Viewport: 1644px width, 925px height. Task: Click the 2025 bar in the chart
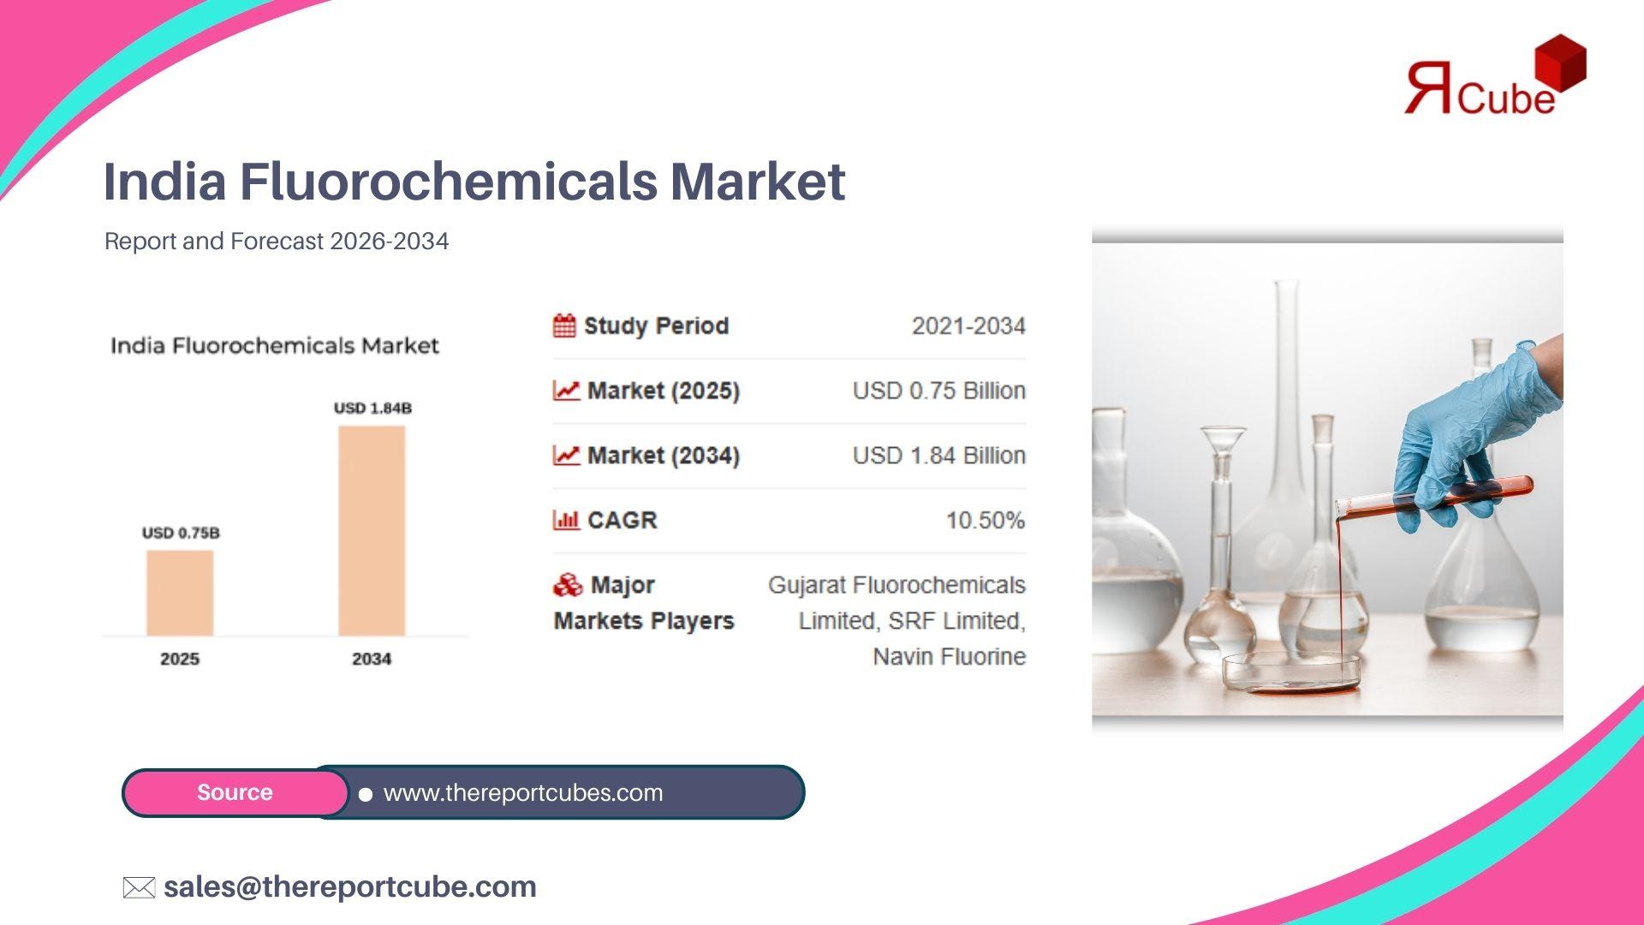tap(180, 593)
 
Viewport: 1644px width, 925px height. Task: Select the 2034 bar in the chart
tap(372, 531)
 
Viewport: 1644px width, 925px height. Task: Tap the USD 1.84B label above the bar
tap(372, 408)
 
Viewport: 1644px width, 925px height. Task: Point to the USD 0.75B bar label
tap(181, 533)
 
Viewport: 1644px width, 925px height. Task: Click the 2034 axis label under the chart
tap(372, 659)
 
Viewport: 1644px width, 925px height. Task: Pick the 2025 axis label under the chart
tap(180, 659)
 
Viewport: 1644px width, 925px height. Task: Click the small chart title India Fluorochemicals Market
tap(275, 346)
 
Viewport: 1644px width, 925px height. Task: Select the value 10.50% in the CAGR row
tap(986, 520)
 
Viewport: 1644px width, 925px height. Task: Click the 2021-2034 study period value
tap(968, 325)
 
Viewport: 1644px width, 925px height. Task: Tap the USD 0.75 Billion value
tap(939, 391)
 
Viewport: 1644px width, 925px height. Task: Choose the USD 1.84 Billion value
tap(939, 455)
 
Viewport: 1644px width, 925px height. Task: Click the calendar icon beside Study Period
tap(564, 325)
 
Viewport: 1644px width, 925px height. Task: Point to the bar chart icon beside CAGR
tap(566, 520)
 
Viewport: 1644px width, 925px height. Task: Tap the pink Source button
tap(235, 792)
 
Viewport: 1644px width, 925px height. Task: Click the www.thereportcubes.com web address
tap(523, 792)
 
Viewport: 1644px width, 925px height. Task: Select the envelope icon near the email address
tap(139, 887)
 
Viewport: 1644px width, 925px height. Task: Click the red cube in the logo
tap(1561, 63)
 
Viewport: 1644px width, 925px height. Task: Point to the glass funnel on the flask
tap(1224, 445)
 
